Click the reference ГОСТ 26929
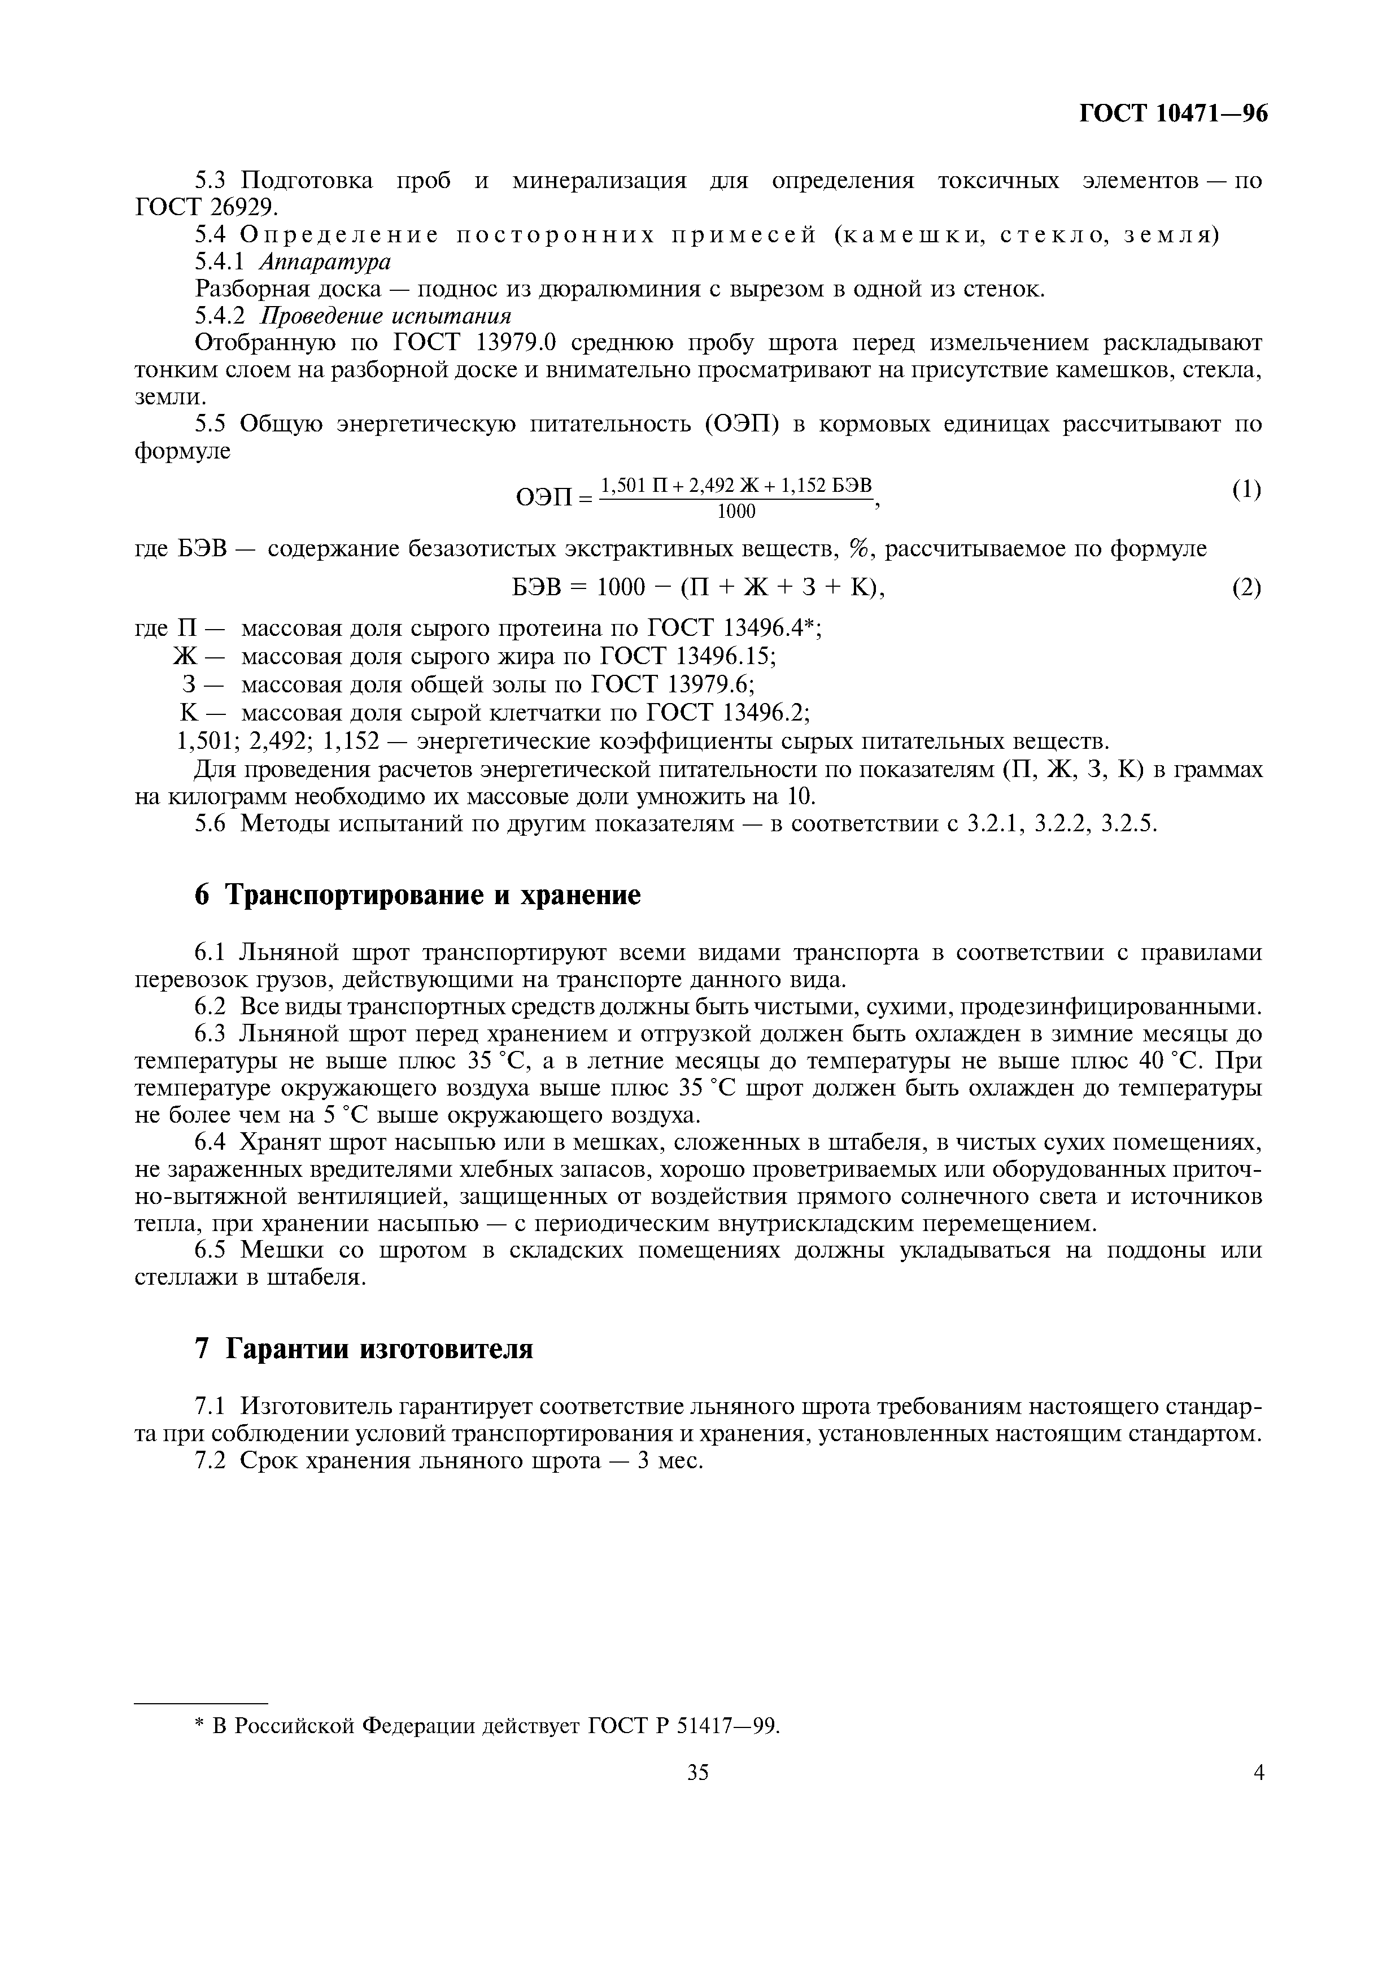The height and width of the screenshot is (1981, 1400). point(207,207)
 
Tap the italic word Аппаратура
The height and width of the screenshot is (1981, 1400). point(324,261)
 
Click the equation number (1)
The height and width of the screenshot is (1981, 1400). point(1246,490)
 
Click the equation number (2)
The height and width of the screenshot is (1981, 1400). point(1246,588)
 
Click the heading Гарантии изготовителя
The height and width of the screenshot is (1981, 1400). point(379,1349)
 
